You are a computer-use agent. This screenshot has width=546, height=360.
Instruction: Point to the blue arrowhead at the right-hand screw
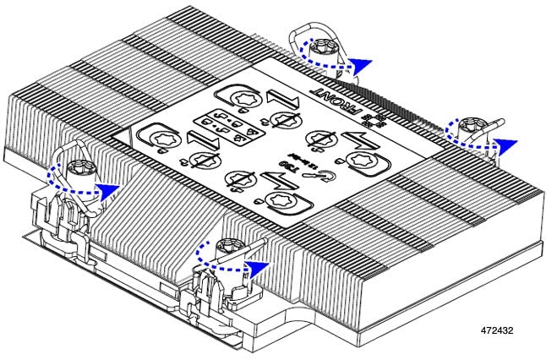(x=506, y=144)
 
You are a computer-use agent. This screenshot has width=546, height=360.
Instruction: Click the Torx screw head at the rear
(x=323, y=50)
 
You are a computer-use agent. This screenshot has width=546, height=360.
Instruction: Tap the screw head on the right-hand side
(x=465, y=128)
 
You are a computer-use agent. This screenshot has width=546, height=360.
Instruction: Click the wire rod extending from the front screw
(x=254, y=246)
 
